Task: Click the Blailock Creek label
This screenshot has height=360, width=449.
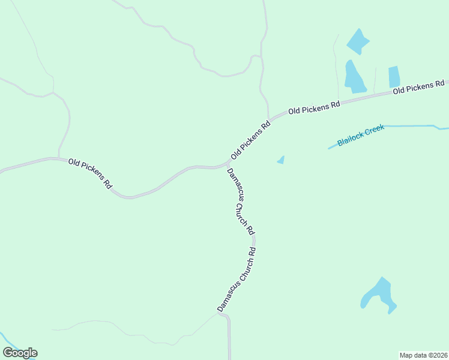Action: (361, 136)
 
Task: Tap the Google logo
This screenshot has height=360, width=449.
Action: (20, 353)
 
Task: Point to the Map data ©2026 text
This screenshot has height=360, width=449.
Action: (423, 355)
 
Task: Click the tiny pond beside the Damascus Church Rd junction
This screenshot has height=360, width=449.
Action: (281, 160)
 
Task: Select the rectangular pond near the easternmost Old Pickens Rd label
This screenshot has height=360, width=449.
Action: (394, 77)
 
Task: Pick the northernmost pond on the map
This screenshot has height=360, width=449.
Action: (358, 41)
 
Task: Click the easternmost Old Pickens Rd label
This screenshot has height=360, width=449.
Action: (418, 87)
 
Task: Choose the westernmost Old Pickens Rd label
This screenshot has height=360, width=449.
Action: (90, 173)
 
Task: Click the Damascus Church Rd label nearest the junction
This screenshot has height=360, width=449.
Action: (241, 201)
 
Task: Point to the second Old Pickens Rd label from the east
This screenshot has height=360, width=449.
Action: (314, 107)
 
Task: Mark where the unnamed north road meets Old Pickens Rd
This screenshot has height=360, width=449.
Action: (268, 118)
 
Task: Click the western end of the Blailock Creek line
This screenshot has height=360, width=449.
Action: (329, 148)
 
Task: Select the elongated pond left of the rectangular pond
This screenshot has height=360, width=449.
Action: (354, 77)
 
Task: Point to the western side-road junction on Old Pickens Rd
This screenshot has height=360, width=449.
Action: (58, 158)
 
